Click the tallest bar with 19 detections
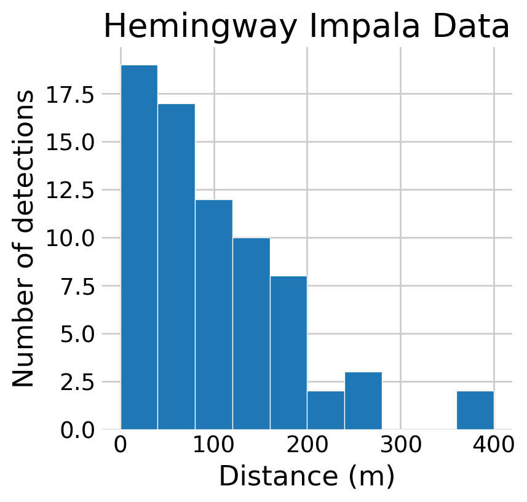[139, 246]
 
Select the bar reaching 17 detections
[176, 266]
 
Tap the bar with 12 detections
[214, 314]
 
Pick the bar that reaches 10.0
[251, 333]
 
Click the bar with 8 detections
[288, 352]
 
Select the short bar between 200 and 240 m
[326, 410]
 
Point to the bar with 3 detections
[363, 400]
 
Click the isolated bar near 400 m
[475, 410]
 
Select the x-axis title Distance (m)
[306, 477]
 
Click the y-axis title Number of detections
[24, 239]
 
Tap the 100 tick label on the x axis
[214, 446]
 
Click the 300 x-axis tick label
[401, 446]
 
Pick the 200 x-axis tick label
[307, 446]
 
